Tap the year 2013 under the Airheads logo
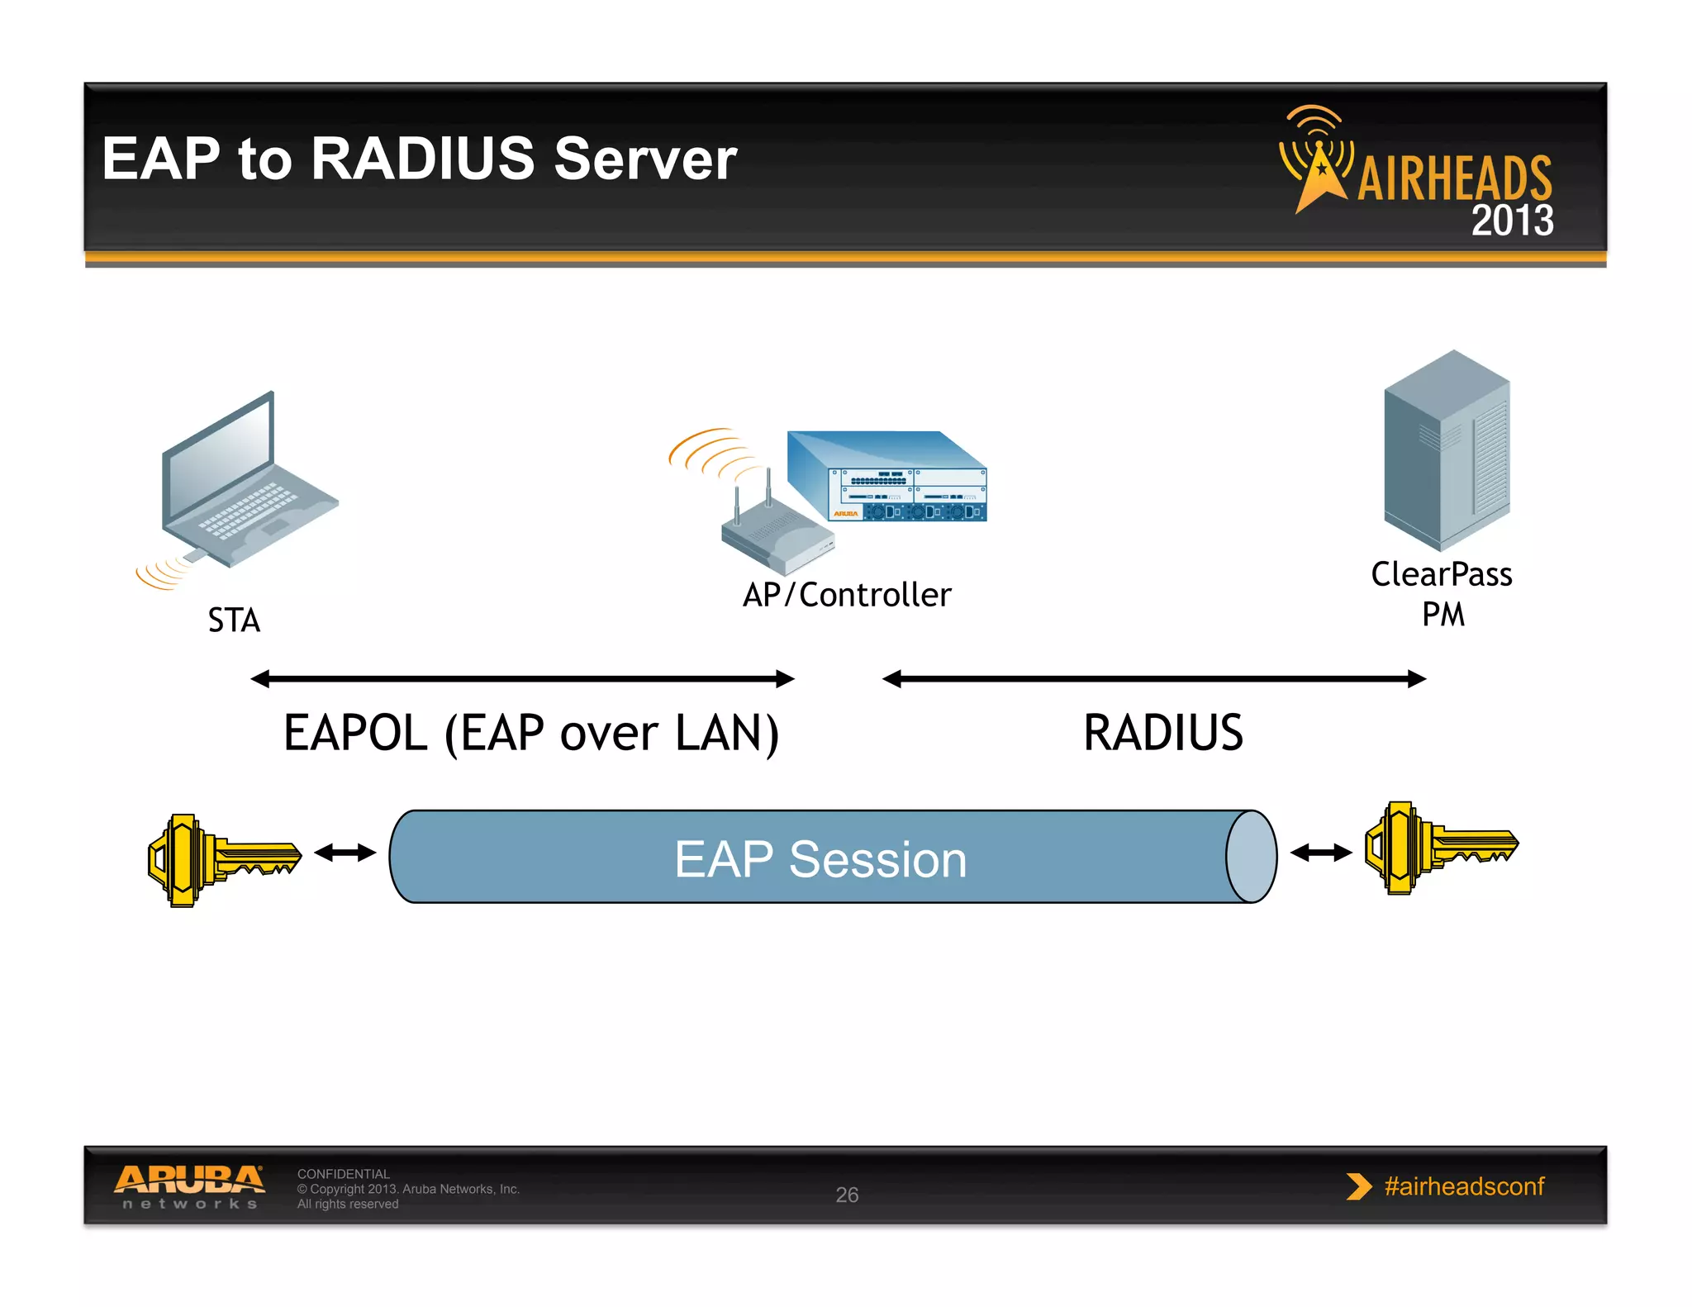1511,221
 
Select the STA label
234,620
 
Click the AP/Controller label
847,595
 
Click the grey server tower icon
1447,450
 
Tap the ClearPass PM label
1442,593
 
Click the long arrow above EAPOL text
522,679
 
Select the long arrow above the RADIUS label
1154,679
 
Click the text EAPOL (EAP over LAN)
530,733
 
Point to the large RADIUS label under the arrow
1162,733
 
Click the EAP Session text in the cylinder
820,859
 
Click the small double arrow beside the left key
345,853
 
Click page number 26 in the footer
847,1195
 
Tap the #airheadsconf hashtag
1463,1186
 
